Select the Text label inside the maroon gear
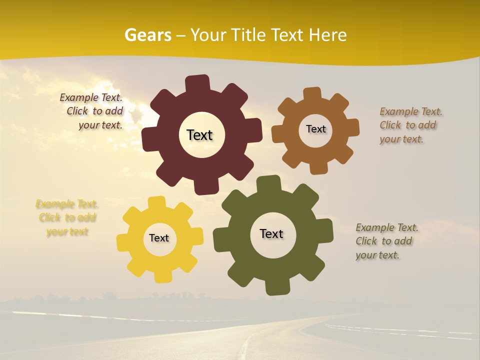pos(199,135)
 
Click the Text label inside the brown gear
pos(315,129)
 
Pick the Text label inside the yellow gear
pos(159,238)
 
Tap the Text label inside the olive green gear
pos(271,234)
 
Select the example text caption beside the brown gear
pos(410,125)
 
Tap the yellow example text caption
pos(67,218)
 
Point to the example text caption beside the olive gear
pos(386,241)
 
